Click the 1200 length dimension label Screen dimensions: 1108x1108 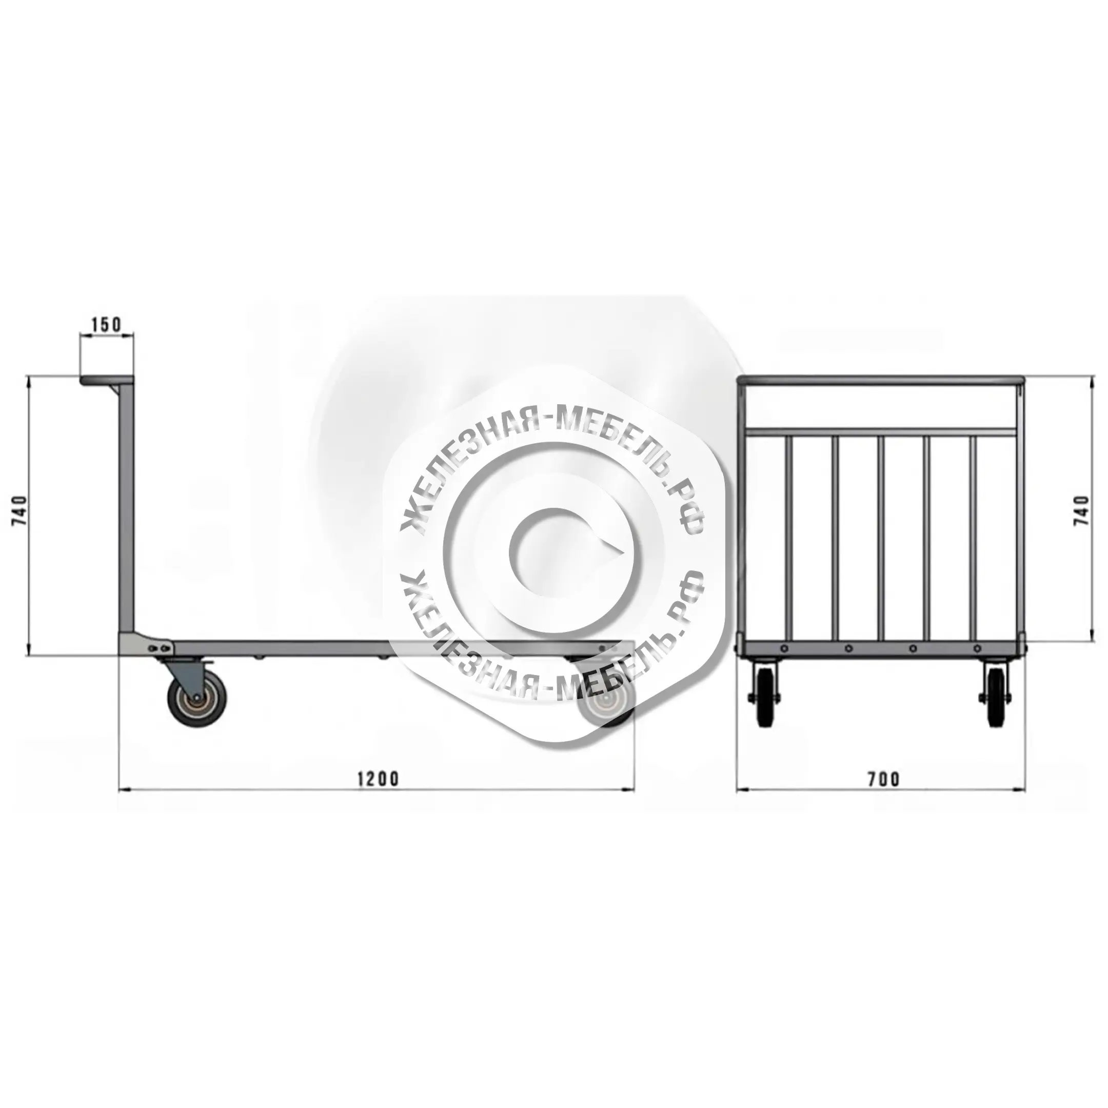coord(378,779)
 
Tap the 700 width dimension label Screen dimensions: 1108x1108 coord(884,779)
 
